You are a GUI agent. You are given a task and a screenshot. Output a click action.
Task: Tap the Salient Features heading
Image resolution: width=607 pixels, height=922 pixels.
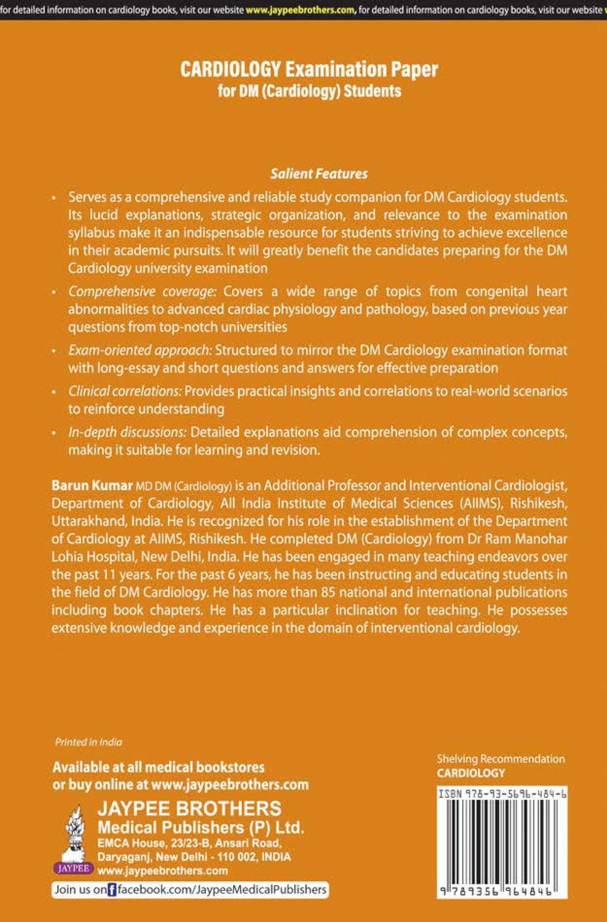[x=319, y=174]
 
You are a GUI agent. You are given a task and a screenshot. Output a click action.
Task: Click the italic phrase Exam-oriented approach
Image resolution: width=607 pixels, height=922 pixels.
[x=140, y=350]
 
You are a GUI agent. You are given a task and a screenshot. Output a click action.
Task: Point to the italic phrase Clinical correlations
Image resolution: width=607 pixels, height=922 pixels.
[x=124, y=391]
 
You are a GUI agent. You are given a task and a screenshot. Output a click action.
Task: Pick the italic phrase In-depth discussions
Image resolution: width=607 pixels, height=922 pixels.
[x=127, y=432]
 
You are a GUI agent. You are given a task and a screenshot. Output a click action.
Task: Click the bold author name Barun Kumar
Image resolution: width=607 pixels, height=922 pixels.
[x=92, y=485]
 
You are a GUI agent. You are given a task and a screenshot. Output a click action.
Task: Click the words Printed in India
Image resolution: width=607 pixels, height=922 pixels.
[x=88, y=742]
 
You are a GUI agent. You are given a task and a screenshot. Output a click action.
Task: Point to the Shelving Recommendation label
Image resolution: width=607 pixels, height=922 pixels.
[x=500, y=759]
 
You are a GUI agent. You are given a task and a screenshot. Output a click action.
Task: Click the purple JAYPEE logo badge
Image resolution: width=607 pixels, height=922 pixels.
[x=73, y=868]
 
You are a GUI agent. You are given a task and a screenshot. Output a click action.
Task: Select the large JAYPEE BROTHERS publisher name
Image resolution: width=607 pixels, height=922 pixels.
[x=189, y=809]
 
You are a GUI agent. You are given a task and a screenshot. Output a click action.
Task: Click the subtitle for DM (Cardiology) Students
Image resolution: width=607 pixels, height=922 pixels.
[x=309, y=91]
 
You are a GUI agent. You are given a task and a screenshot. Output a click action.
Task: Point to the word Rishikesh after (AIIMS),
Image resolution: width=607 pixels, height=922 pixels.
[x=538, y=503]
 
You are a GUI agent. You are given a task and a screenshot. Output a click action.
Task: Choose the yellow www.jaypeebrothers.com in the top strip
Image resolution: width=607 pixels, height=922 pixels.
[x=300, y=10]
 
